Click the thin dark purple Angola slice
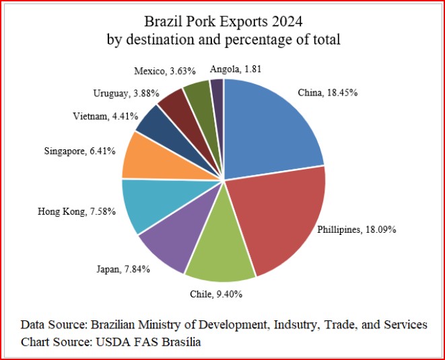(x=217, y=91)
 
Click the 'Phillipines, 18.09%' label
(x=356, y=229)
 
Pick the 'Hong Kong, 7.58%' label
(x=77, y=212)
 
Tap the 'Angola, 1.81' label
(x=232, y=69)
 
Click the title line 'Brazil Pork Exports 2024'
(x=224, y=21)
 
